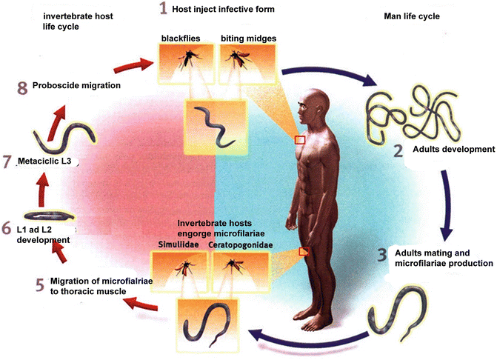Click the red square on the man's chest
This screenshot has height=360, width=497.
pos(300,140)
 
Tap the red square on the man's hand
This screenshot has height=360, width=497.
pos(304,252)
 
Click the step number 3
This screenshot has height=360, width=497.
pos(382,256)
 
